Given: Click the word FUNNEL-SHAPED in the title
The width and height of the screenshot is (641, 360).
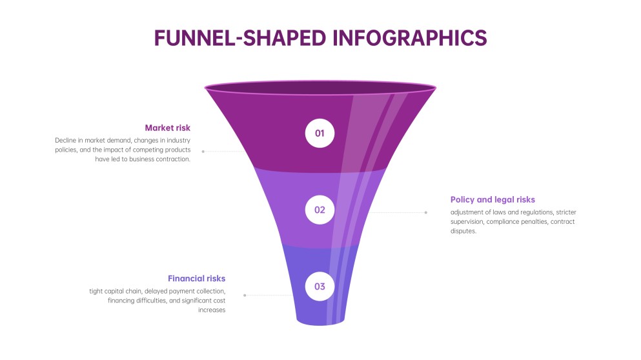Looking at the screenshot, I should [240, 37].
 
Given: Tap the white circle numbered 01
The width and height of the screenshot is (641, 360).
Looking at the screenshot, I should [320, 134].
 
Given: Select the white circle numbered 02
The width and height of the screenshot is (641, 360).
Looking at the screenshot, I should [320, 210].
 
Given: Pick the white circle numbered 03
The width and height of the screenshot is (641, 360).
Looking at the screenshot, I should [320, 286].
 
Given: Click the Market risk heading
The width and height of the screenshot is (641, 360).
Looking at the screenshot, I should [167, 128].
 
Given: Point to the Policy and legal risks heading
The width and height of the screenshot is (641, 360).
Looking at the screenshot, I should [493, 199].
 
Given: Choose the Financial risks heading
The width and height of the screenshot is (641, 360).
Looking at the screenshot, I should [196, 279].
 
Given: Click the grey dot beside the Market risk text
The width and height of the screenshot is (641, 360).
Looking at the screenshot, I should [203, 152].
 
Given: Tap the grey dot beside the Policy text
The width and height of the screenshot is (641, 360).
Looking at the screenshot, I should [425, 212].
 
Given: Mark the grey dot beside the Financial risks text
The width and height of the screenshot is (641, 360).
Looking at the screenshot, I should [245, 295].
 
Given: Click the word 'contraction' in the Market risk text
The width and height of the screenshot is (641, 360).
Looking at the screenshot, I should [173, 159].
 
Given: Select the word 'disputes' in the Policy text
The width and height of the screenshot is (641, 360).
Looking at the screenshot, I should [463, 231].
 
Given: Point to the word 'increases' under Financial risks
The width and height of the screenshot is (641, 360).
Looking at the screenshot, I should [212, 310].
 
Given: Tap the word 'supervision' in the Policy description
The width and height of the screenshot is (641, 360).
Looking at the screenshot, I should [467, 222].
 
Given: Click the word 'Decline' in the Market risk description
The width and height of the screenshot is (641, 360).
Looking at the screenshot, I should [66, 140].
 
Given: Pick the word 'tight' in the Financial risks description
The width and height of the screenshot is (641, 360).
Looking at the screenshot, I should [96, 291].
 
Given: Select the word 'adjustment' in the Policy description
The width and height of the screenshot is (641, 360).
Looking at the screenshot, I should [468, 212].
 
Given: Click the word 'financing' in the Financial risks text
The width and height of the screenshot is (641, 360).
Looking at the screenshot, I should [123, 301].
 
